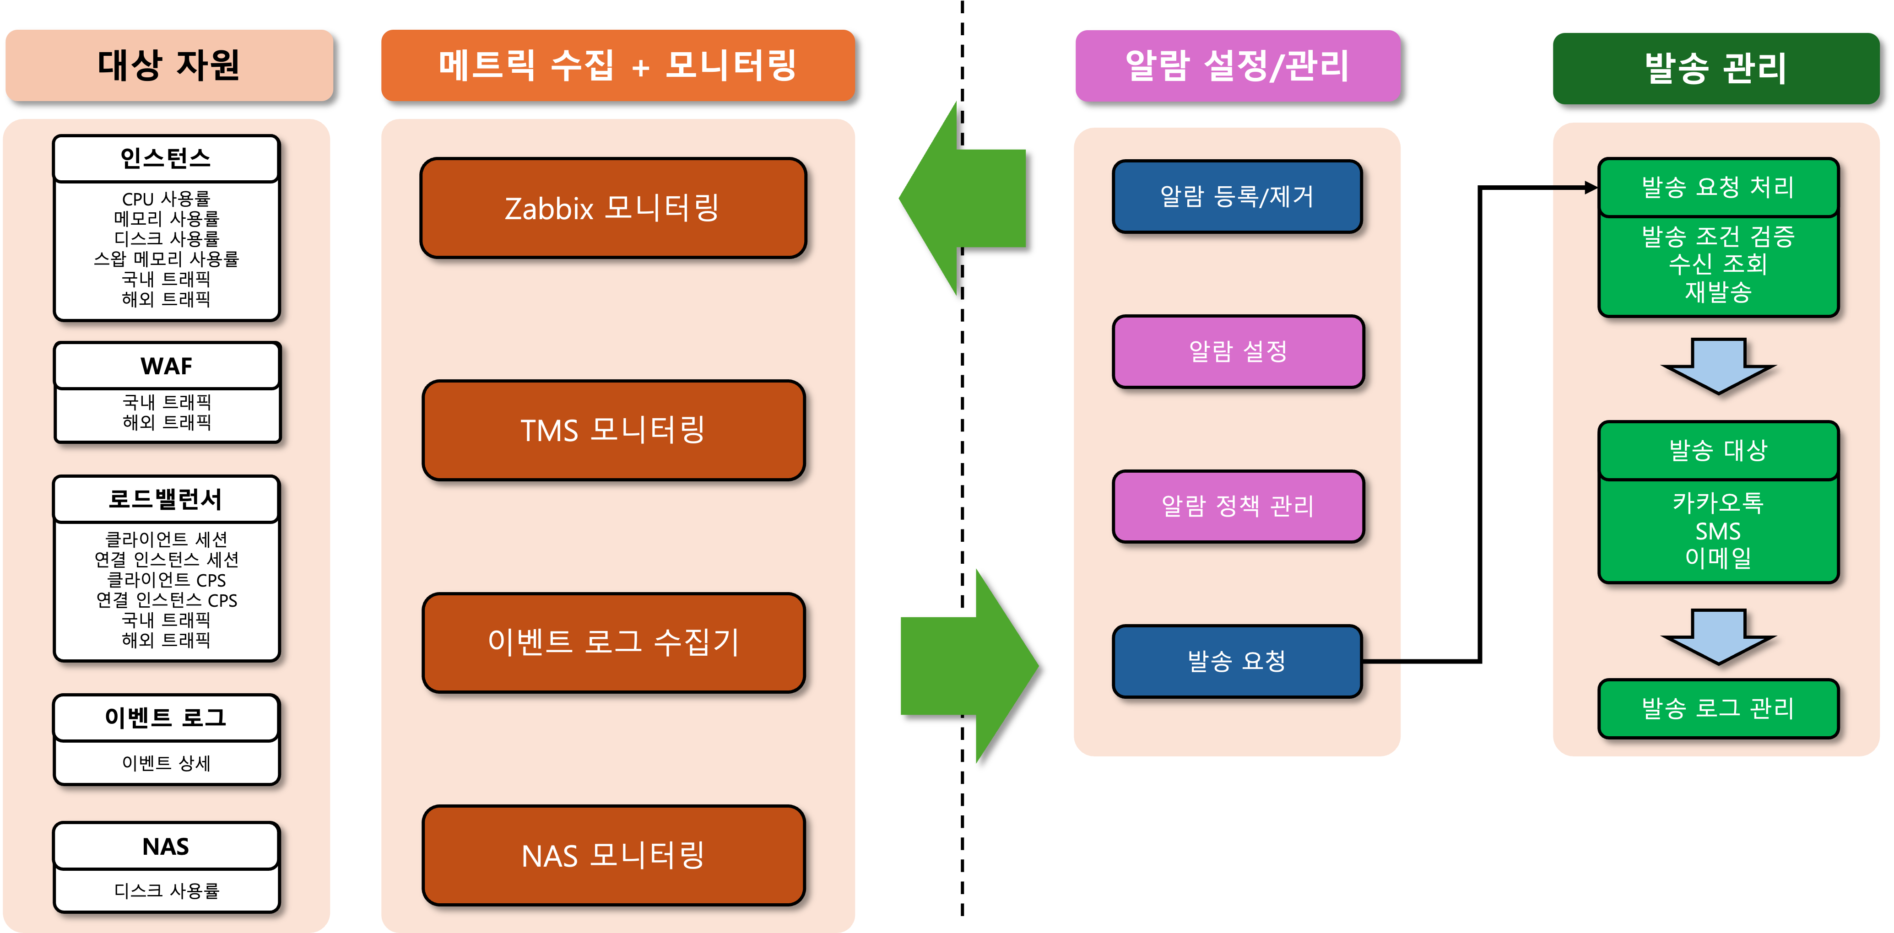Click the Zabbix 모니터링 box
click(612, 208)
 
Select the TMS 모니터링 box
click(612, 430)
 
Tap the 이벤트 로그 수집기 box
click(612, 642)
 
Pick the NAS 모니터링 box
click(612, 855)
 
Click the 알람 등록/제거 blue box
click(1237, 196)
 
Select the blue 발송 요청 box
click(1237, 661)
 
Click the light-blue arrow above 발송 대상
click(1718, 366)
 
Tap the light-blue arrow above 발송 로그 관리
click(1718, 636)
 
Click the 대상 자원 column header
click(169, 65)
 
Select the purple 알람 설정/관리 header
click(1238, 65)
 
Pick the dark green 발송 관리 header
click(1715, 68)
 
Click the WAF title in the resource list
click(166, 366)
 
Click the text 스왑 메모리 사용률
click(166, 259)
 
